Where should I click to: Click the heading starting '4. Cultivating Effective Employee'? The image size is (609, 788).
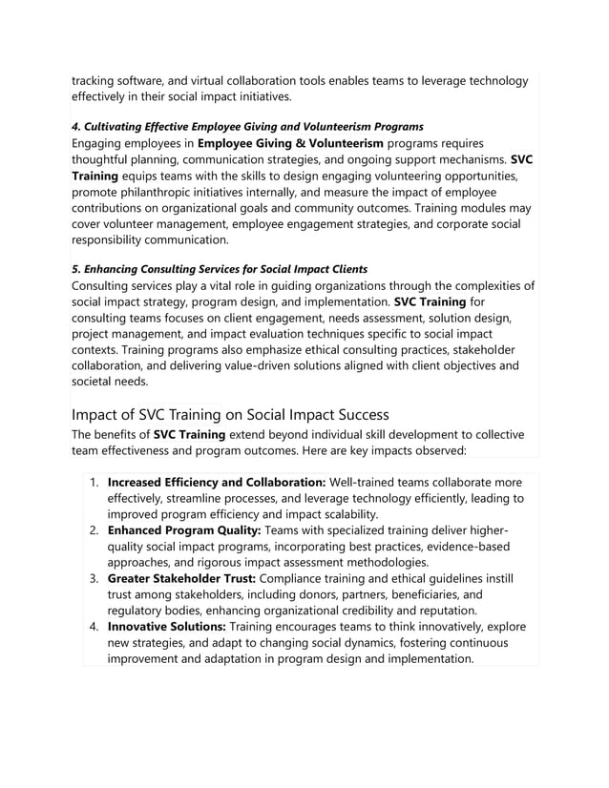coord(248,127)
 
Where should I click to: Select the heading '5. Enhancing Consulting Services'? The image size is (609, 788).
coord(220,269)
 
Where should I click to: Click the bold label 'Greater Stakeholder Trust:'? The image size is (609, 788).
coord(181,578)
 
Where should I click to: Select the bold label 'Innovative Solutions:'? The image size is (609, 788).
coord(167,627)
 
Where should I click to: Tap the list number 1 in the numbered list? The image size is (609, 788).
coord(94,483)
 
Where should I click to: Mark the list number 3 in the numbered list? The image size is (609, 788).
coord(94,578)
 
